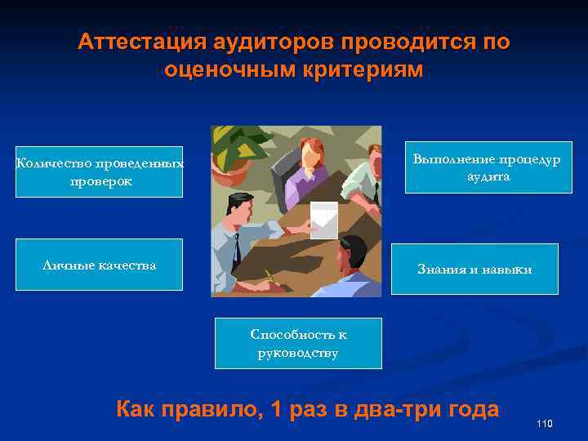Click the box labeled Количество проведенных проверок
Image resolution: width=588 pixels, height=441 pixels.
click(99, 171)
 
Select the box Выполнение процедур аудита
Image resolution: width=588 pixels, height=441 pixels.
click(488, 167)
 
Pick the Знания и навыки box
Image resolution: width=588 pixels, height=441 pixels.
click(474, 269)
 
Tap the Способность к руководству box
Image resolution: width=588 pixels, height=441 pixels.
click(298, 343)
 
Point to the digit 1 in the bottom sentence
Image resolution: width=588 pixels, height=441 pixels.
click(275, 409)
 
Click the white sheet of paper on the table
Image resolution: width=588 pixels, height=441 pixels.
click(324, 220)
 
